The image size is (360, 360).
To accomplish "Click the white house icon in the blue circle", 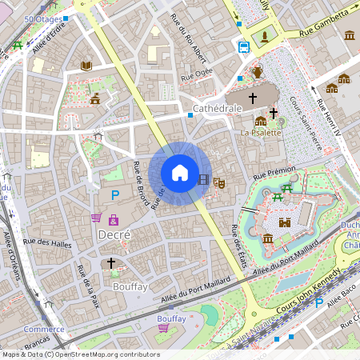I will [x=180, y=173].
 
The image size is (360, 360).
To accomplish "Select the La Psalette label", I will [x=261, y=132].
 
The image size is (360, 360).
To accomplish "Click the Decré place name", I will [x=114, y=235].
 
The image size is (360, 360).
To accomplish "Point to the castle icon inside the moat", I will [x=283, y=223].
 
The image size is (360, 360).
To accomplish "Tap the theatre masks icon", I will [x=220, y=182].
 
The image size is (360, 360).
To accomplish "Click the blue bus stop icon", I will [x=244, y=46].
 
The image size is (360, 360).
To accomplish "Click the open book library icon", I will [x=86, y=65].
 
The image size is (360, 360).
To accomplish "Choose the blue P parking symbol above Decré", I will [x=115, y=194].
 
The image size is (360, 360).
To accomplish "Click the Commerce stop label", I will [x=43, y=329].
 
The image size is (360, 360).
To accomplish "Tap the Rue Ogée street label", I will [x=197, y=75].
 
